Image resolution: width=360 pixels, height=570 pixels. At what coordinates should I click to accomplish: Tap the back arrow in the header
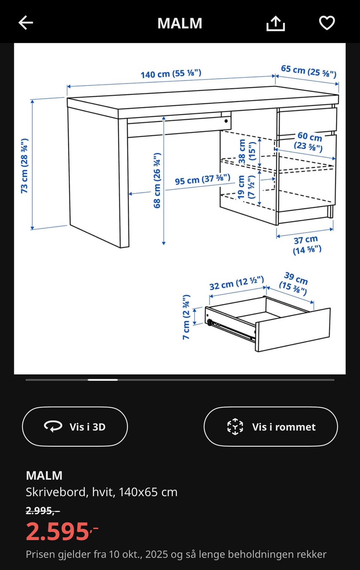pos(26,22)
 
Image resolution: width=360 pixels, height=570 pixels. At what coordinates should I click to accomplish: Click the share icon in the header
pos(276,23)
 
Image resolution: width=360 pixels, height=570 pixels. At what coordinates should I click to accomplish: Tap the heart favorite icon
pos(327,23)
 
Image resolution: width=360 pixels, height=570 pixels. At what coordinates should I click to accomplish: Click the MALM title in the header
pos(180,23)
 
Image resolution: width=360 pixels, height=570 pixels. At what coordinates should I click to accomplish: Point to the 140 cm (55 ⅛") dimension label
pos(171,74)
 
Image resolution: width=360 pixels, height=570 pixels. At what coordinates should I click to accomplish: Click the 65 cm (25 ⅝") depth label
pos(309,71)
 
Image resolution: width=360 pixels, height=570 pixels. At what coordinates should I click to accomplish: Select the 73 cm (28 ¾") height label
pos(24,166)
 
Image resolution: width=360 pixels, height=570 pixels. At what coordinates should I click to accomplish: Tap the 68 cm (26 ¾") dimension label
pos(157,180)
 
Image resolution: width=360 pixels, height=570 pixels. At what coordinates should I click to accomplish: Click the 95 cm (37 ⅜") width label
pos(202,180)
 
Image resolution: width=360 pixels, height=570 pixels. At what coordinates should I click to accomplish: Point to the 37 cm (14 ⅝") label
pos(307,245)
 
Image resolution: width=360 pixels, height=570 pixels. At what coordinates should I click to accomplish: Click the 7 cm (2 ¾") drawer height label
pos(186,317)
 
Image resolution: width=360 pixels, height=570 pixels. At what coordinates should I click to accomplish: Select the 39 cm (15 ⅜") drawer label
pos(294,283)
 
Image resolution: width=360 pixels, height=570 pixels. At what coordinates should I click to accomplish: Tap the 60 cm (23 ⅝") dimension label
pos(309,142)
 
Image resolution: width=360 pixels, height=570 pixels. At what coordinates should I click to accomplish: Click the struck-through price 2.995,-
pos(43,510)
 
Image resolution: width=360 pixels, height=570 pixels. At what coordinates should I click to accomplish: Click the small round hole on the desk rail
pos(226,121)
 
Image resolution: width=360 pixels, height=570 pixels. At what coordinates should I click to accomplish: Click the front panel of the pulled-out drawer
pos(293,330)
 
